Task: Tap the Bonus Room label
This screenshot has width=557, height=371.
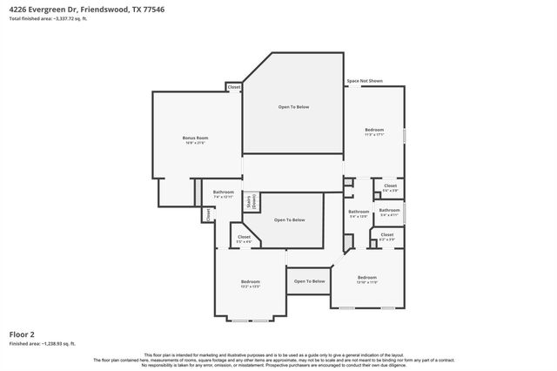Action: click(195, 139)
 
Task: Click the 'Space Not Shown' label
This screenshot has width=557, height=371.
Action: click(365, 81)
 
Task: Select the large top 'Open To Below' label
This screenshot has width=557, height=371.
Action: click(293, 107)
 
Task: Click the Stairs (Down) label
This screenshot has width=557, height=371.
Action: click(250, 201)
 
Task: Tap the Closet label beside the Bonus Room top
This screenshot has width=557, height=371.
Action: click(233, 87)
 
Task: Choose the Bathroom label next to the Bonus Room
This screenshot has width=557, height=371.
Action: click(224, 193)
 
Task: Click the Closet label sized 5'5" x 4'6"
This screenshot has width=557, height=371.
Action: click(244, 238)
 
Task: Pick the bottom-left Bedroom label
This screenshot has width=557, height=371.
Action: click(251, 282)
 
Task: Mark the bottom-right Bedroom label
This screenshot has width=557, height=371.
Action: click(366, 279)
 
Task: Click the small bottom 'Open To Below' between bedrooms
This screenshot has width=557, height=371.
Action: click(309, 281)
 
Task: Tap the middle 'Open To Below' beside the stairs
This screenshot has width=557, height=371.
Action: click(290, 220)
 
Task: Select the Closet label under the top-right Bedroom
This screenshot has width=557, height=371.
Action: click(390, 186)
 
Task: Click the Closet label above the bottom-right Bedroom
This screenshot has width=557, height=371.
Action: click(386, 236)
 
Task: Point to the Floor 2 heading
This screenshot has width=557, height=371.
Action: click(23, 334)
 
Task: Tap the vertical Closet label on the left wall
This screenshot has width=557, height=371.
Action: click(208, 213)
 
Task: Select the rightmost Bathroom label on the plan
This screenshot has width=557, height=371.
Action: click(389, 212)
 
